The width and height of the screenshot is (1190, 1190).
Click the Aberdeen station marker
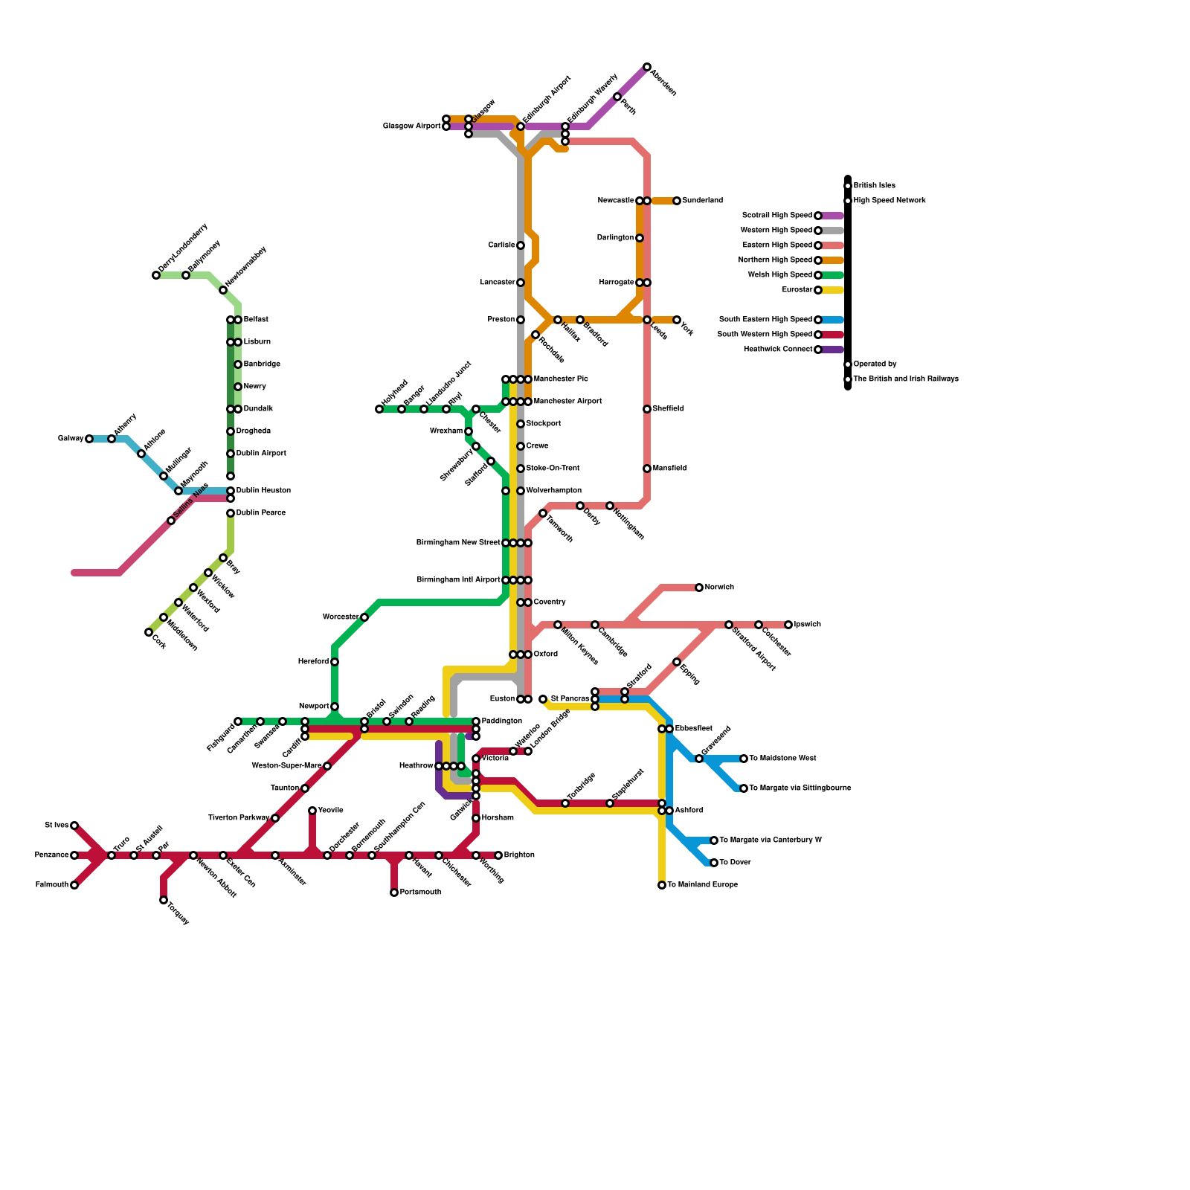(x=647, y=67)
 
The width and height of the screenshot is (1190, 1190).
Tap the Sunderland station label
(x=702, y=201)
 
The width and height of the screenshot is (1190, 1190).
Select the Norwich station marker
(x=699, y=588)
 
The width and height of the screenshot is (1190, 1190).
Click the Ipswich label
(x=807, y=625)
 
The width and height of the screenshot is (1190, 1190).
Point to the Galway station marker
(x=89, y=439)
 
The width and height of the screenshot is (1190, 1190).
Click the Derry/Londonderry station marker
(x=156, y=275)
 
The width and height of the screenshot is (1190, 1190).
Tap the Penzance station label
(x=51, y=855)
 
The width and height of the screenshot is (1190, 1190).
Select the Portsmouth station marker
(x=394, y=892)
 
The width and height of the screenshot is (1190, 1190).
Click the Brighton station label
(x=518, y=855)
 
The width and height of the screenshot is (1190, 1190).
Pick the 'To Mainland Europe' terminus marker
(x=662, y=885)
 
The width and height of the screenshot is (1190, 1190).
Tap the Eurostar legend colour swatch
(x=834, y=290)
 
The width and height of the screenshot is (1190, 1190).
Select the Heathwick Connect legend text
(x=777, y=350)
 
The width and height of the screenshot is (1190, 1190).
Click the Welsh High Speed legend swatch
(x=834, y=275)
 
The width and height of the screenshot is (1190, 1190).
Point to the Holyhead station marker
(x=379, y=409)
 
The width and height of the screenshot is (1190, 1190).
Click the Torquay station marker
(x=164, y=900)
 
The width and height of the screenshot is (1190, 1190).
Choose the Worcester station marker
(x=364, y=617)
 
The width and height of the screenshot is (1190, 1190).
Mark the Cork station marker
(x=149, y=632)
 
